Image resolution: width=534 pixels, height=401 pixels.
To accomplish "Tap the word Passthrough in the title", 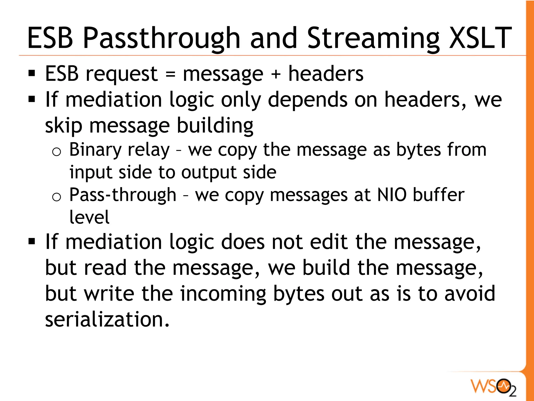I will [161, 39].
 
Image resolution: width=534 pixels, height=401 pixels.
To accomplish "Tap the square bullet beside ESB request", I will [32, 74].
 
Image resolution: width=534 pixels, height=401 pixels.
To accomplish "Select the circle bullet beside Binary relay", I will [57, 152].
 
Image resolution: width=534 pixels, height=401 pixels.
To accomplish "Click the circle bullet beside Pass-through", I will [57, 197].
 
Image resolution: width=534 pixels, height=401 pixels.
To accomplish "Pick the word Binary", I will [95, 150].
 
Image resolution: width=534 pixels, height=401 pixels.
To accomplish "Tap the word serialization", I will [107, 320].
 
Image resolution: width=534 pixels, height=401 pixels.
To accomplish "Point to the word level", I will [89, 217].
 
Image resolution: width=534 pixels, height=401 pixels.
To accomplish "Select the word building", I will [215, 126].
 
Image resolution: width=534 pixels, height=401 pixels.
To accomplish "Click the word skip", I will [63, 126].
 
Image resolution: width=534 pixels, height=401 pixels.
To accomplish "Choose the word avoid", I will [470, 294].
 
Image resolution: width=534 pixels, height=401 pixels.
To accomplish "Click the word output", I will [208, 172].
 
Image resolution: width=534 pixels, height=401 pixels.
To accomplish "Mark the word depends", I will [308, 100].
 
